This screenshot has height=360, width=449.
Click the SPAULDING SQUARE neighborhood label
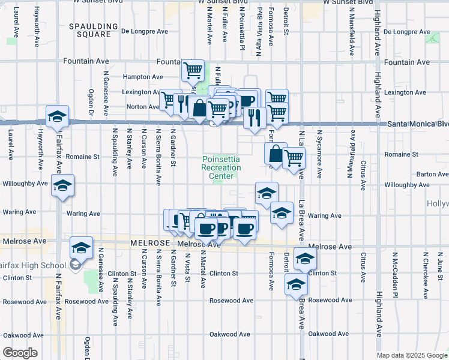[90, 30]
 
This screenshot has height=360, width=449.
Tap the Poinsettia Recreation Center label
[221, 167]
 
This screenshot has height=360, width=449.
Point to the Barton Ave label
[432, 174]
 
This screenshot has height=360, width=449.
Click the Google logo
[20, 353]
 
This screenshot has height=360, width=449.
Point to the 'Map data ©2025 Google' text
[412, 355]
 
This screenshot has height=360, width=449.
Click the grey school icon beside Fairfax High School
[76, 265]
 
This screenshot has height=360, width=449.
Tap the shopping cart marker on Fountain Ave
[193, 71]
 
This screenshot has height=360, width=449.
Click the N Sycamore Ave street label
[320, 155]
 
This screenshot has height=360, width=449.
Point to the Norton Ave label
[143, 107]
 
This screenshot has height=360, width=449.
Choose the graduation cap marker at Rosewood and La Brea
[296, 285]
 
